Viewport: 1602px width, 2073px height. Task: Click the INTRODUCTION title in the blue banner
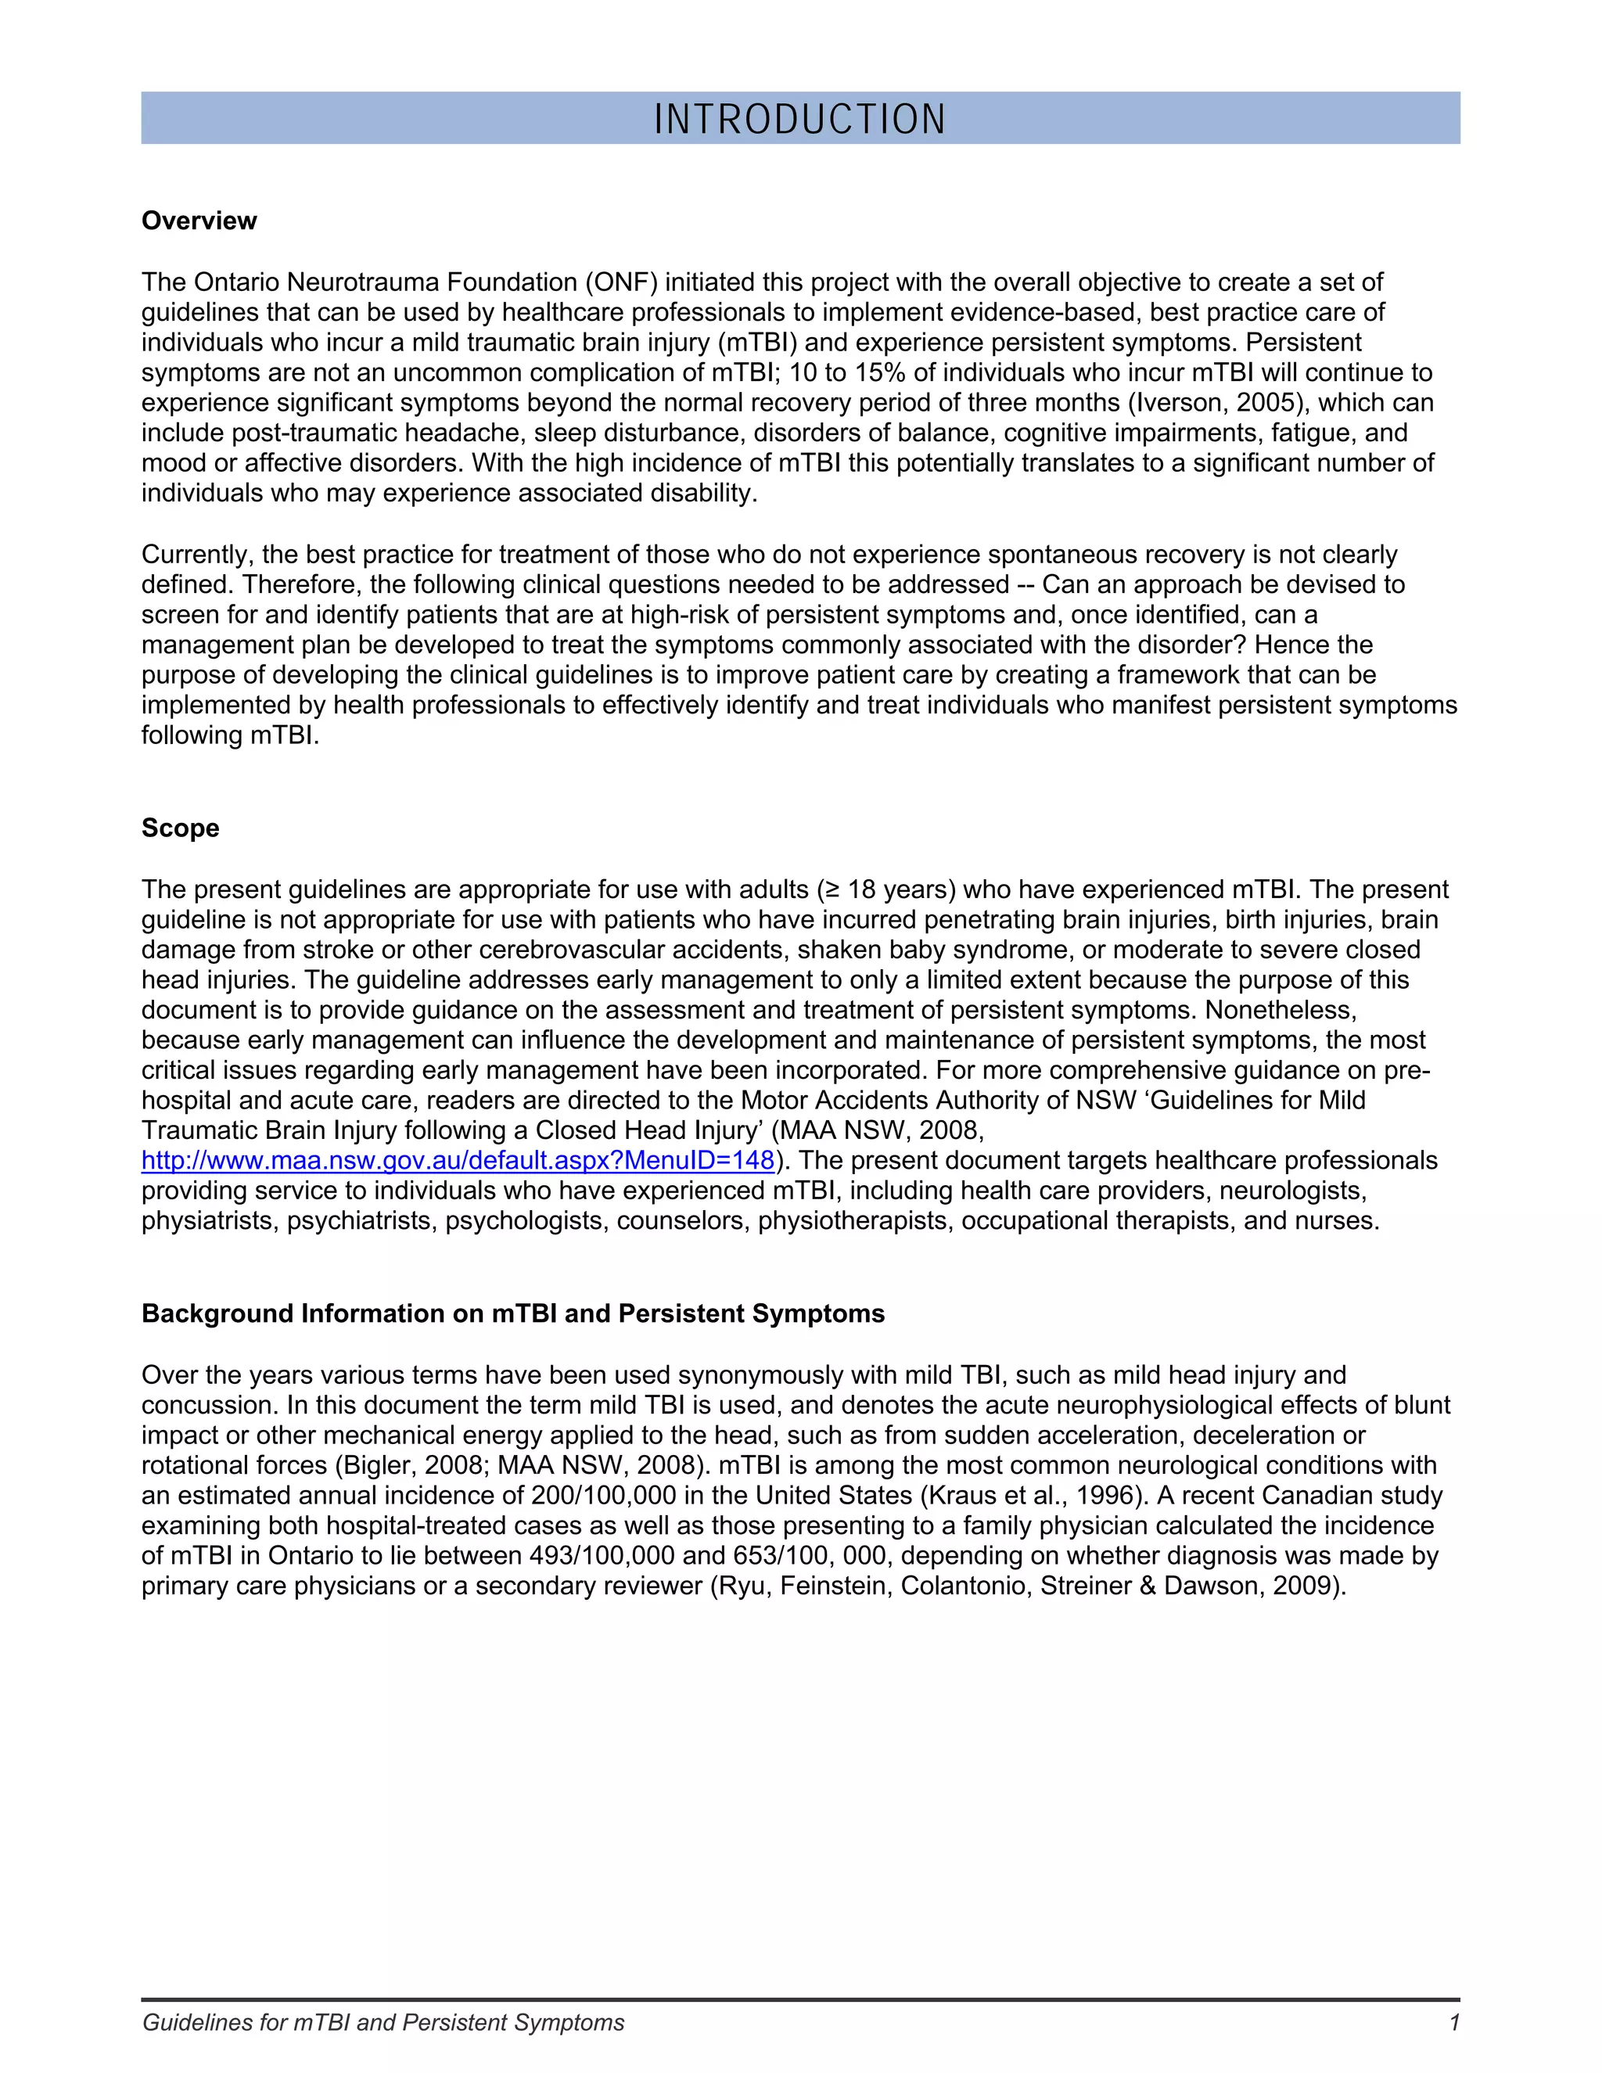(800, 119)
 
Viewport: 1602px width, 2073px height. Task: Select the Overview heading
(199, 221)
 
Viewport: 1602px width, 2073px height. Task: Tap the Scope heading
(181, 828)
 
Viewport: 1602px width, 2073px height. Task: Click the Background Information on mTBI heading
(512, 1313)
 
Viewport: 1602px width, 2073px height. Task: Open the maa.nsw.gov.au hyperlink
(458, 1160)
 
